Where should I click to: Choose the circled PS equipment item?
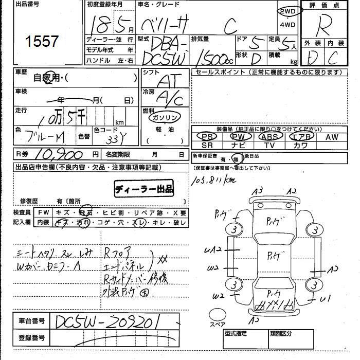coord(207,137)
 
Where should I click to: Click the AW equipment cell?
coord(332,137)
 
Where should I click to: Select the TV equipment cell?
coord(269,146)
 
